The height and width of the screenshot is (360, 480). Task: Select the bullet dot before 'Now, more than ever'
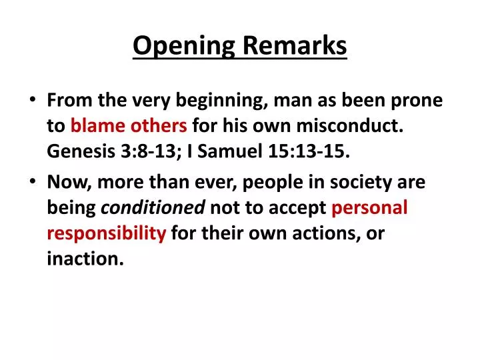(33, 181)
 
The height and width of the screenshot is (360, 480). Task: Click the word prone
(419, 101)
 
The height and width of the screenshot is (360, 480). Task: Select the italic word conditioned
(153, 207)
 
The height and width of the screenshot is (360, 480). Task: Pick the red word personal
(369, 207)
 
